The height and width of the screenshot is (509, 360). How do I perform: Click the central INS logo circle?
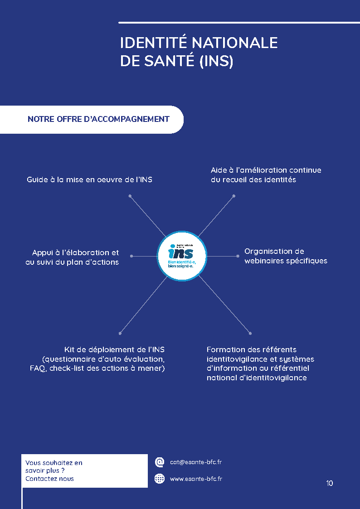pyautogui.click(x=181, y=256)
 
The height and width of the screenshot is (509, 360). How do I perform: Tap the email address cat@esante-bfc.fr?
pyautogui.click(x=195, y=462)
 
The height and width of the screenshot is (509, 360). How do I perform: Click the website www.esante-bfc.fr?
pyautogui.click(x=196, y=479)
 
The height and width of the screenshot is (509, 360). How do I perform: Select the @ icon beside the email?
pyautogui.click(x=160, y=462)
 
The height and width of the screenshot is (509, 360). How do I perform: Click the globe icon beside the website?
pyautogui.click(x=160, y=479)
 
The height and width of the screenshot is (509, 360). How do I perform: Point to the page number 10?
pyautogui.click(x=329, y=483)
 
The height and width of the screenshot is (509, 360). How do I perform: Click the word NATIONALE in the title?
pyautogui.click(x=234, y=43)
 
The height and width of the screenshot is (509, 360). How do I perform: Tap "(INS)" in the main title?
pyautogui.click(x=216, y=61)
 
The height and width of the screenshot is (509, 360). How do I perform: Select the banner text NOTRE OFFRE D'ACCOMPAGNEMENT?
pyautogui.click(x=98, y=119)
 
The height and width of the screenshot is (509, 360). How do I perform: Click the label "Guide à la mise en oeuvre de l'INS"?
pyautogui.click(x=89, y=179)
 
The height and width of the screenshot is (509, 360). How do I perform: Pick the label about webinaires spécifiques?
pyautogui.click(x=286, y=256)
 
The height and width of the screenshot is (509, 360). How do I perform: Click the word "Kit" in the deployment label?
pyautogui.click(x=69, y=349)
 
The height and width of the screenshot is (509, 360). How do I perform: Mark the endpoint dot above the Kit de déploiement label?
pyautogui.click(x=120, y=333)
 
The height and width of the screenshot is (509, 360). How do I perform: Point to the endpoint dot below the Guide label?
pyautogui.click(x=130, y=196)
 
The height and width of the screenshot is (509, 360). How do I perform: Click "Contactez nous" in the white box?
pyautogui.click(x=49, y=479)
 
